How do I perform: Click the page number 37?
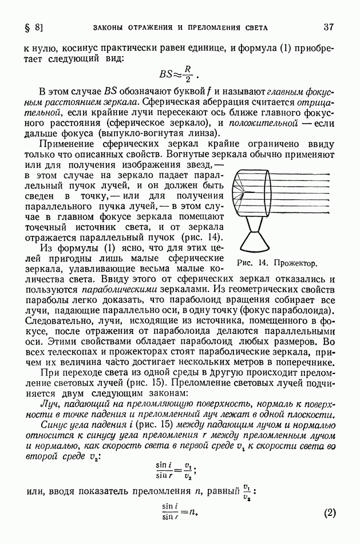point(328,27)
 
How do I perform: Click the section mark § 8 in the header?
point(34,27)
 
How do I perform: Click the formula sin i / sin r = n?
point(180,513)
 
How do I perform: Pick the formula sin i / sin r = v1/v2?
point(180,471)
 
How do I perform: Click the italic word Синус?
point(53,424)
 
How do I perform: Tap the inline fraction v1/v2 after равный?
point(247,492)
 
